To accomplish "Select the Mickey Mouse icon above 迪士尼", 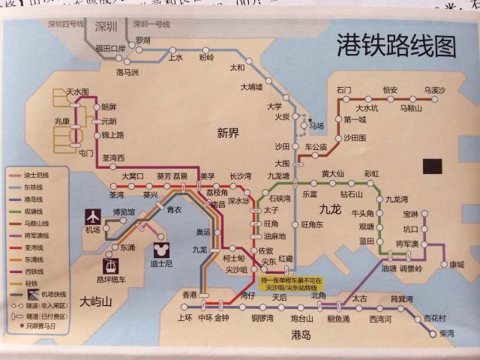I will pyautogui.click(x=159, y=250).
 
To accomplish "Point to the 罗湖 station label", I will pyautogui.click(x=142, y=39).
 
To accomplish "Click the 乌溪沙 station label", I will pyautogui.click(x=433, y=91).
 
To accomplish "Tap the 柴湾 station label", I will pyautogui.click(x=447, y=331).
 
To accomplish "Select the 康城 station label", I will pyautogui.click(x=455, y=264).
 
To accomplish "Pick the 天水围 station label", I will pyautogui.click(x=77, y=91).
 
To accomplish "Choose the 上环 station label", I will pyautogui.click(x=184, y=318).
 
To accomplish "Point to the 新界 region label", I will pyautogui.click(x=228, y=133).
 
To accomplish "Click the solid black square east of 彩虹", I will pyautogui.click(x=431, y=166).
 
